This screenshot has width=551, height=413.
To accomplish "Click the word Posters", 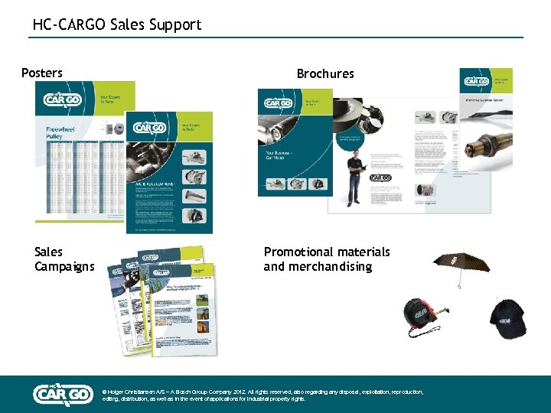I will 42,73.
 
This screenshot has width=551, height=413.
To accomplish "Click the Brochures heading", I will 325,74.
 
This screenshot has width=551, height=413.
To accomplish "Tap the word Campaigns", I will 64,267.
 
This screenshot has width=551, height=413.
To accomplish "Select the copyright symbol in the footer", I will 104,392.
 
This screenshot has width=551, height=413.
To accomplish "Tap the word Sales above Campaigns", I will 49,252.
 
